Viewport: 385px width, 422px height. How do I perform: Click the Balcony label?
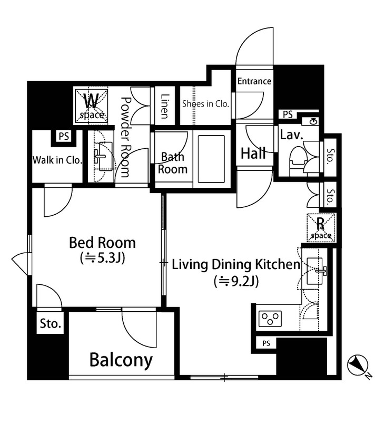121,360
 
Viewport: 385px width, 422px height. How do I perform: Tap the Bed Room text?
102,243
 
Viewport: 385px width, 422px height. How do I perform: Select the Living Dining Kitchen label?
236,264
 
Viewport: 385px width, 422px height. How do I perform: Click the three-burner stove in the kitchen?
270,319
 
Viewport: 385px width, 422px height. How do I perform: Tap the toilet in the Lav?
298,159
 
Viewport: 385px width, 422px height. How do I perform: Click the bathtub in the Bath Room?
211,159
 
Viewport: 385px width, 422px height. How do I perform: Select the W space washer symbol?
91,106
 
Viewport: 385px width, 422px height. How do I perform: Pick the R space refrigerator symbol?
321,227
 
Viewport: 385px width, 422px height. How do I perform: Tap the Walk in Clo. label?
57,160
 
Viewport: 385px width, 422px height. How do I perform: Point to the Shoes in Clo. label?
205,103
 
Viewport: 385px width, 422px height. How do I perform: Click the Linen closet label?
165,106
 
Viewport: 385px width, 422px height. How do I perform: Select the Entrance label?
254,81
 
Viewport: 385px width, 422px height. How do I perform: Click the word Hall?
253,153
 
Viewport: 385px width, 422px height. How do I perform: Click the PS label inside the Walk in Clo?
64,136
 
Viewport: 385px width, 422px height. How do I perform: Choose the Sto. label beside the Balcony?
51,323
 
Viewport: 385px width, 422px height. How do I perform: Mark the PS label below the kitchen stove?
266,343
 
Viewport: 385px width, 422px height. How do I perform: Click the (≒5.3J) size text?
102,258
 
